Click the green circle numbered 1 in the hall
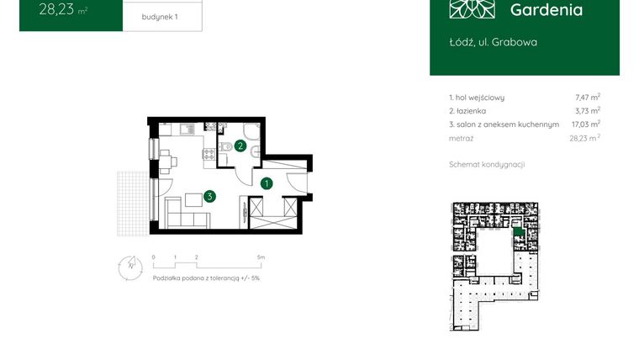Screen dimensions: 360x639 pyautogui.click(x=267, y=183)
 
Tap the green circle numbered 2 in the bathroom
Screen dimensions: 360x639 pyautogui.click(x=240, y=146)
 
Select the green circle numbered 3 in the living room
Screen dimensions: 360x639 pyautogui.click(x=209, y=196)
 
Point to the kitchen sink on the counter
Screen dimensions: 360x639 pyautogui.click(x=186, y=129)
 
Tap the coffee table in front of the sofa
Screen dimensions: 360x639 pyautogui.click(x=193, y=199)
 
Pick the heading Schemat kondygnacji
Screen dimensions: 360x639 pyautogui.click(x=487, y=164)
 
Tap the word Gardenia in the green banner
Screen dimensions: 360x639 pyautogui.click(x=546, y=10)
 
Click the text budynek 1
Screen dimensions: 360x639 pyautogui.click(x=161, y=17)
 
